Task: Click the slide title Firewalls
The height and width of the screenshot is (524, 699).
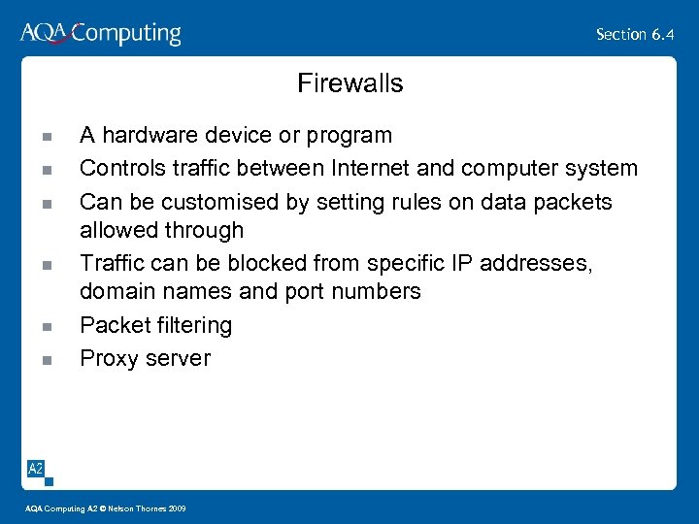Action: click(x=349, y=83)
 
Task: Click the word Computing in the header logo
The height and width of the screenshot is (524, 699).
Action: click(x=126, y=35)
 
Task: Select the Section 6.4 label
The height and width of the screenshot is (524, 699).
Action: click(x=635, y=35)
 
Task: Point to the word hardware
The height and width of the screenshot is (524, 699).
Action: click(x=146, y=135)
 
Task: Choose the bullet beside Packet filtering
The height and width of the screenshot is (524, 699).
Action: click(x=46, y=327)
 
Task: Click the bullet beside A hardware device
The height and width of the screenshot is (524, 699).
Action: click(x=46, y=137)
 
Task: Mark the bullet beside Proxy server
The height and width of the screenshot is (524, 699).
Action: click(x=46, y=360)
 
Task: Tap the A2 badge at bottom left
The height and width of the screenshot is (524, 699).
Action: click(x=35, y=469)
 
